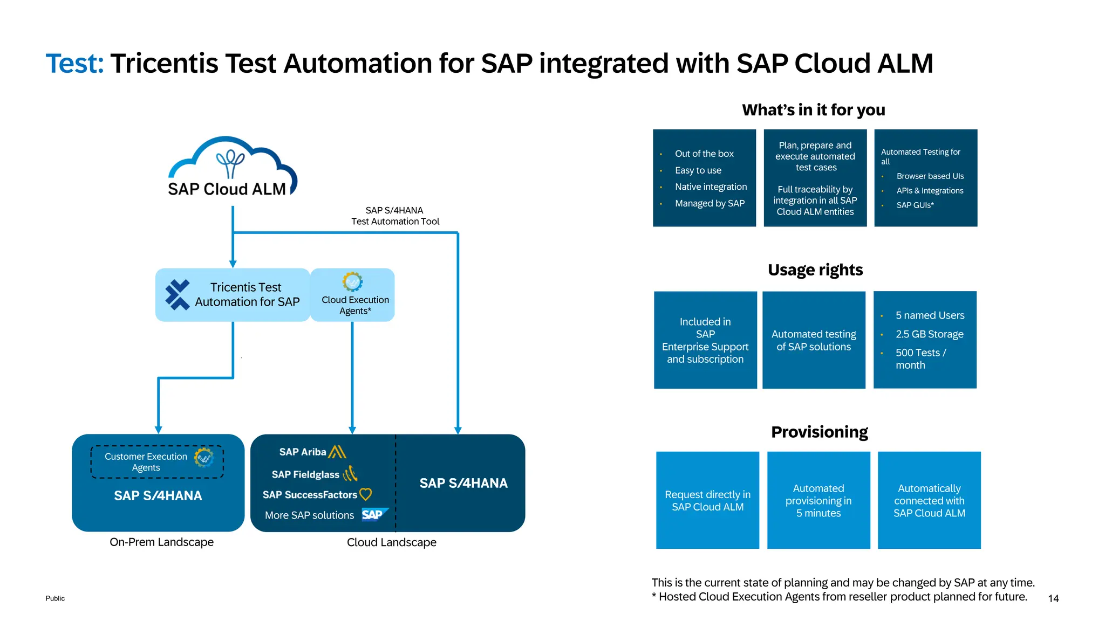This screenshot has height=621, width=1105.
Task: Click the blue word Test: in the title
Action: point(74,64)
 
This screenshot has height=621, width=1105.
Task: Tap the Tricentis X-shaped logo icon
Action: point(178,295)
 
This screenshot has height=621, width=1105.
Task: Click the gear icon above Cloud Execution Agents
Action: point(352,282)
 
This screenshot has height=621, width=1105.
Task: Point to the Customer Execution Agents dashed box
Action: point(156,462)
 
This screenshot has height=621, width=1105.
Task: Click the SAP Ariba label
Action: point(303,452)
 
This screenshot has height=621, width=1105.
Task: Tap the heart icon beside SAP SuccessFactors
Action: point(366,494)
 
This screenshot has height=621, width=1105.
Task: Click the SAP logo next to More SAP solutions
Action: point(373,515)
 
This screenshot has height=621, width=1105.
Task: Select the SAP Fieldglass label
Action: point(305,474)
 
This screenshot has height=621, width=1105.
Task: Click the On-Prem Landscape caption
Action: point(161,542)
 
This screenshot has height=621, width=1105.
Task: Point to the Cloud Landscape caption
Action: point(392,542)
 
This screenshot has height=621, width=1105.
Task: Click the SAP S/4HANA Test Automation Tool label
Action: point(395,216)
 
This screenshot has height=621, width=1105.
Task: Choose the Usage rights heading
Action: point(815,270)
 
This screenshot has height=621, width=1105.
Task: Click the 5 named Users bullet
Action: point(930,315)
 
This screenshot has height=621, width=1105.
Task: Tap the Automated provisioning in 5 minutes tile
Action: point(818,500)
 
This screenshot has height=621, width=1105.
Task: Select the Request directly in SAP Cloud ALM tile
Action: point(707,500)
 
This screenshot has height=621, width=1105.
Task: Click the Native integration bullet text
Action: point(711,187)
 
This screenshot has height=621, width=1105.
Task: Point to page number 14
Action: point(1053,598)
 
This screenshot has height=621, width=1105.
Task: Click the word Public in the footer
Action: point(55,598)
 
